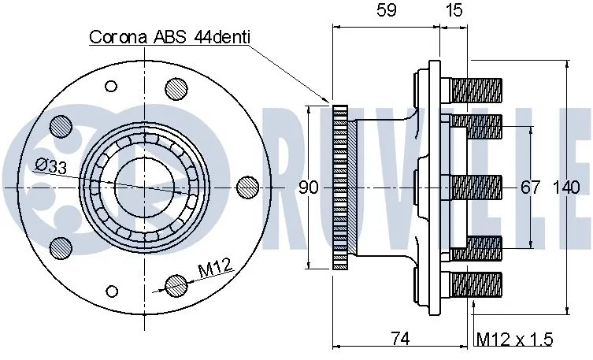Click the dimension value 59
(386, 10)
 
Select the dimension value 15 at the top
(454, 10)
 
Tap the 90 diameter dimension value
(309, 187)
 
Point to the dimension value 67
(531, 187)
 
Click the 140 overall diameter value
(565, 187)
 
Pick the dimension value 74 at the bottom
(400, 339)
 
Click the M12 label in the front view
(213, 269)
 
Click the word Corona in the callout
(117, 37)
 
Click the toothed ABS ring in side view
(341, 187)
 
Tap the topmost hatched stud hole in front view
(175, 88)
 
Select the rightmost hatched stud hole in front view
(248, 186)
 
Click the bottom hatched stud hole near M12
(175, 284)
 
